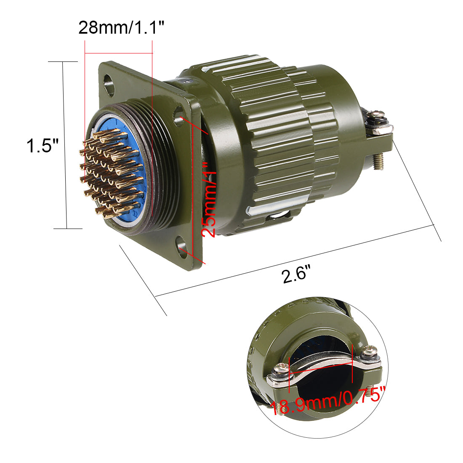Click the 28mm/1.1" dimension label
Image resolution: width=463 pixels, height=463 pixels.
click(121, 28)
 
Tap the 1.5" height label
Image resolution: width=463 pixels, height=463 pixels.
click(43, 146)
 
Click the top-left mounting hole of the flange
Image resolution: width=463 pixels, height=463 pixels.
click(109, 80)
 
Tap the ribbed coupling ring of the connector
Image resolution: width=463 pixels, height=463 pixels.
click(269, 139)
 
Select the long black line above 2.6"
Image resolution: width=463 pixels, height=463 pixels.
click(295, 261)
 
